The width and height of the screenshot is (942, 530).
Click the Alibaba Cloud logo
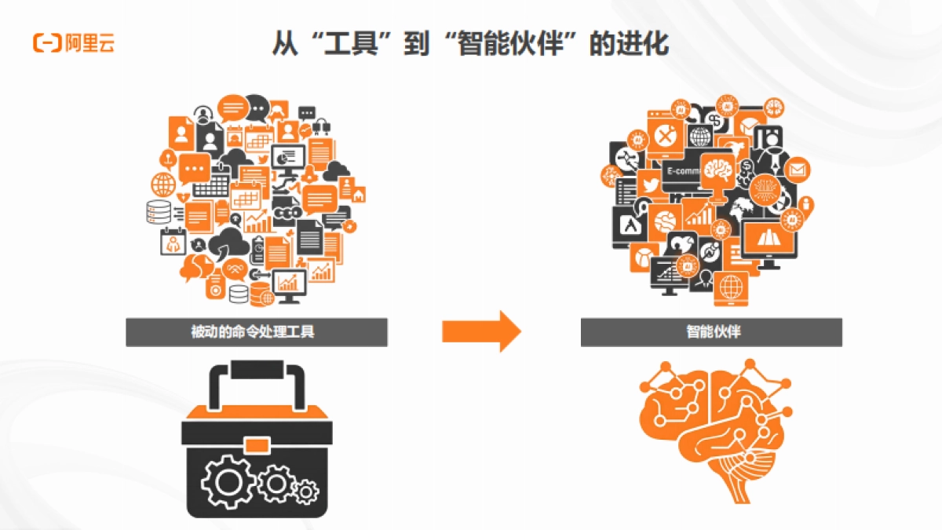coord(74,43)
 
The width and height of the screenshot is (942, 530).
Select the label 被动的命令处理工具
coord(256,332)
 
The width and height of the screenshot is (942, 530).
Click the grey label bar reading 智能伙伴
coord(711,332)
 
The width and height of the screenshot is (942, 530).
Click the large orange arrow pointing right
coord(481,331)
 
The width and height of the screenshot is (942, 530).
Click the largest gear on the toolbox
coord(228,481)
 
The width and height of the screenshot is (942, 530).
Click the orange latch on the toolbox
coord(257,446)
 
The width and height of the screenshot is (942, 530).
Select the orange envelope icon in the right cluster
coord(798,170)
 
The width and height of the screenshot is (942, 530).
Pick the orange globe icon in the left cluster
coord(164,185)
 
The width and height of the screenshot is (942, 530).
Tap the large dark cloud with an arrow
coord(229,242)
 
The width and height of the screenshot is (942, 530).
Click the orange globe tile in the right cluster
coord(731,286)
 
